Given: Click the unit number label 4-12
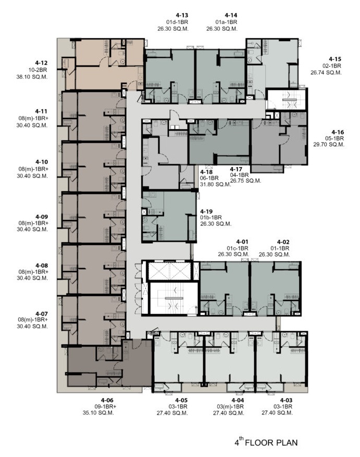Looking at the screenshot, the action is [41, 63].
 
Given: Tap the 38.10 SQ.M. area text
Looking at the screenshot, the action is [32, 77].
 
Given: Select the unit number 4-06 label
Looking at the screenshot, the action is [107, 400].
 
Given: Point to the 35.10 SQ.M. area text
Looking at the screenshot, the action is [98, 413].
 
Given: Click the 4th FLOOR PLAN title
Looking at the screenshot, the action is [266, 442].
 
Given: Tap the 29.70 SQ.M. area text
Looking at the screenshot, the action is [329, 145].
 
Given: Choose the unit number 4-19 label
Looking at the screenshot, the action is [206, 211].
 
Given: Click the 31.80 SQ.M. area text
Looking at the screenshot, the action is [215, 184].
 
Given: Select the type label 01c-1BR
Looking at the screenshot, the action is [238, 248].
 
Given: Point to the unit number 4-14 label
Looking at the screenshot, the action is [231, 15].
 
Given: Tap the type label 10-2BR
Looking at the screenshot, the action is [38, 70].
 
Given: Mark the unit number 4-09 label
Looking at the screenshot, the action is [42, 217].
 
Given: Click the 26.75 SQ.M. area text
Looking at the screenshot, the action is [245, 181].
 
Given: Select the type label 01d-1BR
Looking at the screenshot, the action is [177, 22].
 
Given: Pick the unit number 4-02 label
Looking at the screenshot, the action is [283, 242].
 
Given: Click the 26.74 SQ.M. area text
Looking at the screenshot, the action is [326, 73].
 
